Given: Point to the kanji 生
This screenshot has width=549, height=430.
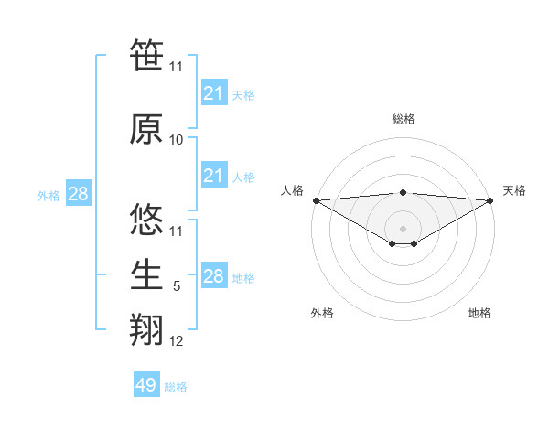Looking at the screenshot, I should [146, 274].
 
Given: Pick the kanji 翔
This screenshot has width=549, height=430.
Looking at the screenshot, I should [146, 328].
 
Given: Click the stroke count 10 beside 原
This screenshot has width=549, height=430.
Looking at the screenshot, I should [177, 140].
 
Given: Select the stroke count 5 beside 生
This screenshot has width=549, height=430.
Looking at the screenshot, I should [177, 286].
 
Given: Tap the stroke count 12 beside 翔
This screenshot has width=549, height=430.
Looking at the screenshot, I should [177, 341].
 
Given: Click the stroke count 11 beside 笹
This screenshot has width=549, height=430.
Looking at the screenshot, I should [177, 66].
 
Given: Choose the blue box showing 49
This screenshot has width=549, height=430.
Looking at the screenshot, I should [146, 385].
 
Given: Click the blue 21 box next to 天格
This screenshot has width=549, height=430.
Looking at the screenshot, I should [213, 93].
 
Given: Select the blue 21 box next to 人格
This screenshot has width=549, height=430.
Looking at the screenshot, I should [213, 176].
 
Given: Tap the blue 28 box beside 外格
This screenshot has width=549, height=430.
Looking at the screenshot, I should [78, 194].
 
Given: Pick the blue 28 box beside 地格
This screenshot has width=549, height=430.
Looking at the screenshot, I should [213, 276].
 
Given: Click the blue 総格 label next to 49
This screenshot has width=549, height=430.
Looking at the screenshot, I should [176, 387].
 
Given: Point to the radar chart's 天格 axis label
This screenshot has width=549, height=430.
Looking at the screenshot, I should [515, 190].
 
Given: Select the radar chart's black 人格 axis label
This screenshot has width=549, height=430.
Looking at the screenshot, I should [292, 190].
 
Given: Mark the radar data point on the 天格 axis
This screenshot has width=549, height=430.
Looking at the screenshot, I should [490, 200].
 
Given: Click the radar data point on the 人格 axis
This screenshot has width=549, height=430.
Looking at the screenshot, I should [316, 200].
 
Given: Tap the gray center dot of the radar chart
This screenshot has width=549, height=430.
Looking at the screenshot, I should [403, 228].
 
